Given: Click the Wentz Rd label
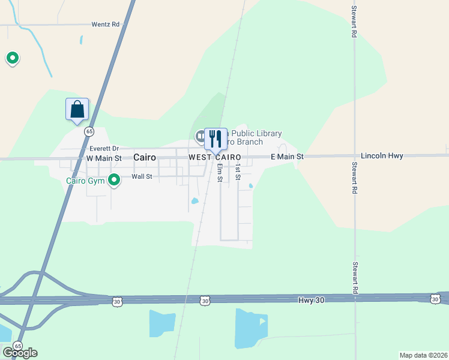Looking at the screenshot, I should tap(106, 25).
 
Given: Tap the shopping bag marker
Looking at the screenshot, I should tap(77, 110).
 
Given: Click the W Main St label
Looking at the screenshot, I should tap(104, 158).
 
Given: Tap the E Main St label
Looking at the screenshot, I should tap(287, 157).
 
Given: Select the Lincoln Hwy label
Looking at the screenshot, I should tap(382, 156).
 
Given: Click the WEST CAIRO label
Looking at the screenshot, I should tap(214, 157).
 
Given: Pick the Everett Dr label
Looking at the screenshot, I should tap(104, 148).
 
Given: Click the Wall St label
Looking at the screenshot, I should tap(142, 177).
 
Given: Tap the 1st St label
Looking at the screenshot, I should tap(238, 172).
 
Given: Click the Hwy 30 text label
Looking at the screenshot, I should tap(311, 299).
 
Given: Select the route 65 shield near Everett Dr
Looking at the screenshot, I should tap(89, 131).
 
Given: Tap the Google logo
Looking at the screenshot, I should tap(20, 352).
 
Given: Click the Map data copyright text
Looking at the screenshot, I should tap(423, 355).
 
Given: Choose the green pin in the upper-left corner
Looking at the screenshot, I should tap(12, 58).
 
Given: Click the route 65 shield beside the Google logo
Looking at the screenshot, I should tap(18, 346).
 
